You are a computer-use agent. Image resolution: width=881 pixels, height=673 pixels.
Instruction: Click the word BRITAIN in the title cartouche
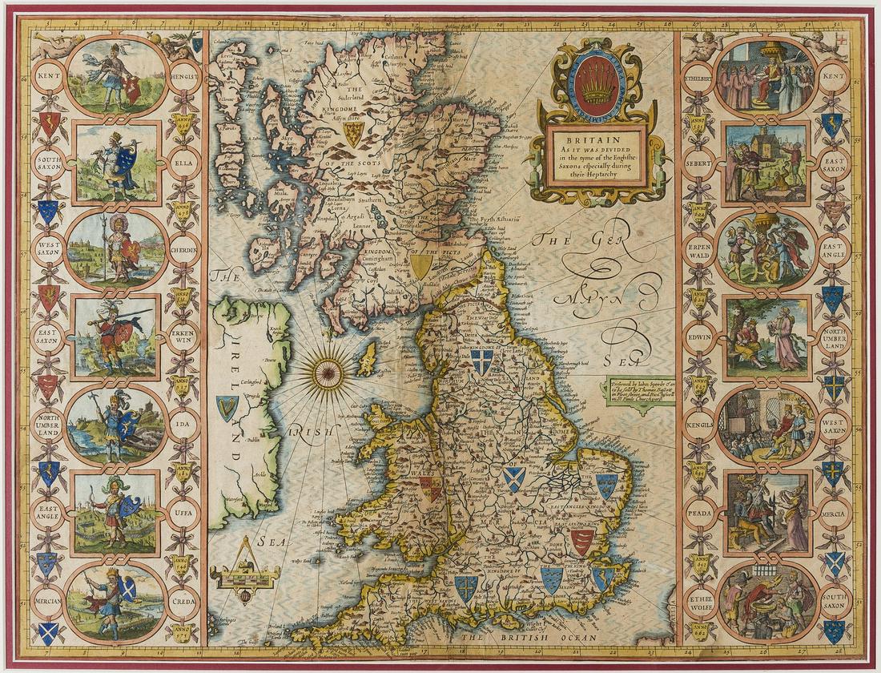coord(597,137)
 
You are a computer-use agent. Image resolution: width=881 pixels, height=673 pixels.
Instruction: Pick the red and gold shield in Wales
coord(430,489)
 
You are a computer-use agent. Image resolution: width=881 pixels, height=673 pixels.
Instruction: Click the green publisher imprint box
coord(638,393)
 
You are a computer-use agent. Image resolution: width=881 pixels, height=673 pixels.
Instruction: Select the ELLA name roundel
coord(183,159)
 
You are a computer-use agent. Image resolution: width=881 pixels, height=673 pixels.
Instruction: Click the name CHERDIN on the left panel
coord(183,247)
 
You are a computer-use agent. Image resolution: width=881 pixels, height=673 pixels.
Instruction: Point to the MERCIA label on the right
coord(833,511)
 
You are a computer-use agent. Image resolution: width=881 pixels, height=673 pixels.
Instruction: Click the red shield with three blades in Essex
coord(582,542)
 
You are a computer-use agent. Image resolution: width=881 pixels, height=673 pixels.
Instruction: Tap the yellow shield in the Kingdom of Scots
coord(352,133)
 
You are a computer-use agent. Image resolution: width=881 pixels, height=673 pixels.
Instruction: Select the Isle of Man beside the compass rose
coord(367,359)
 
